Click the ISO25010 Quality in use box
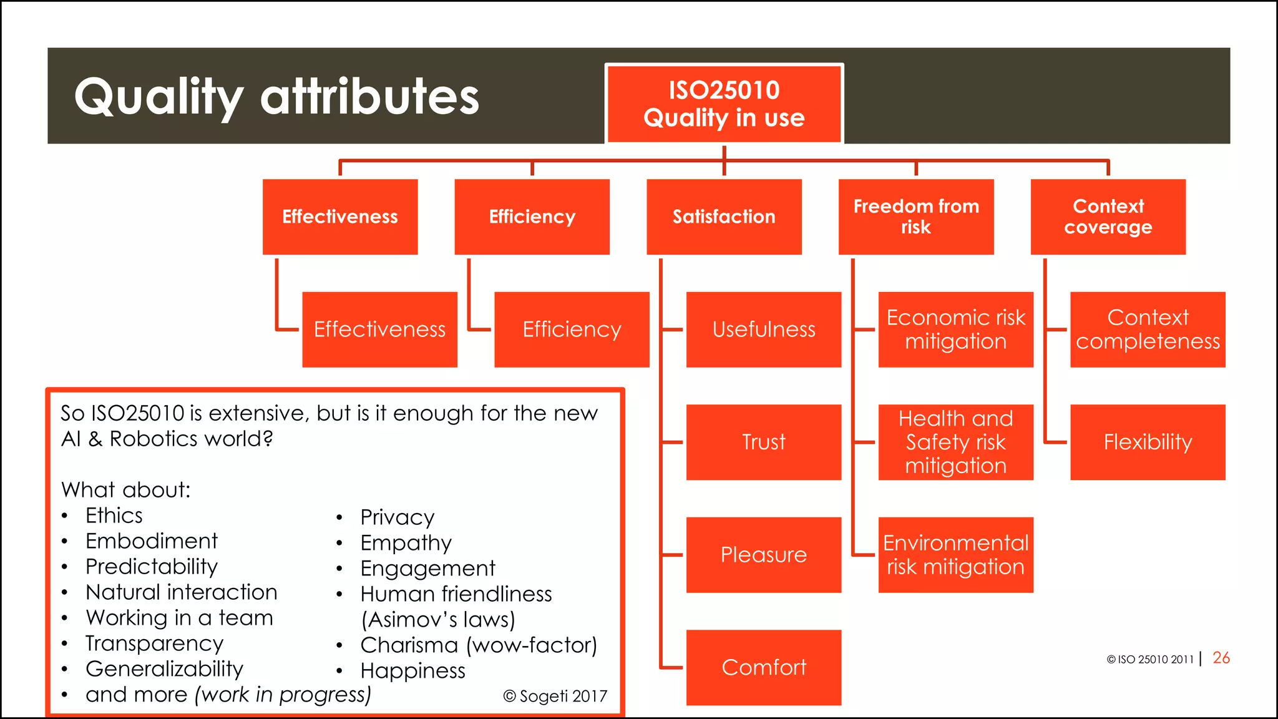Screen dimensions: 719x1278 click(x=724, y=104)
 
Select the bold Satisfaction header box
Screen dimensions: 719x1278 click(x=724, y=217)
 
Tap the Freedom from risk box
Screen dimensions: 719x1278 click(x=915, y=217)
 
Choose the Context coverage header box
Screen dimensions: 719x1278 click(x=1108, y=217)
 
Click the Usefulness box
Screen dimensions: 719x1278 click(x=763, y=330)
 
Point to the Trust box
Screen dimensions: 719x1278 click(x=763, y=442)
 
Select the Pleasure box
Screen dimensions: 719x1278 click(x=763, y=555)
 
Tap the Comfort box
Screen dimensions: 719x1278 click(x=763, y=667)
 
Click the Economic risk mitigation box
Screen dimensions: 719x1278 click(x=955, y=330)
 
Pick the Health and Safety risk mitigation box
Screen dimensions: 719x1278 click(x=955, y=442)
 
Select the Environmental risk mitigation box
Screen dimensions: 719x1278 click(x=955, y=555)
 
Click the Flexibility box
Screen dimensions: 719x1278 click(x=1148, y=442)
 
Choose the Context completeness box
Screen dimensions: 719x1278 click(x=1148, y=330)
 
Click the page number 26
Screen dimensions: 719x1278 click(x=1221, y=658)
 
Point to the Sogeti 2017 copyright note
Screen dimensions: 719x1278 click(x=555, y=696)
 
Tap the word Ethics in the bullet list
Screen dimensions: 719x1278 click(x=114, y=516)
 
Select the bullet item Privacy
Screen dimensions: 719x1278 click(x=397, y=517)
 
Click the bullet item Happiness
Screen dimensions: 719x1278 click(x=412, y=671)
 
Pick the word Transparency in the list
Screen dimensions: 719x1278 click(x=154, y=643)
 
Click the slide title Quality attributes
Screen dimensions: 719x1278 click(x=276, y=97)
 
